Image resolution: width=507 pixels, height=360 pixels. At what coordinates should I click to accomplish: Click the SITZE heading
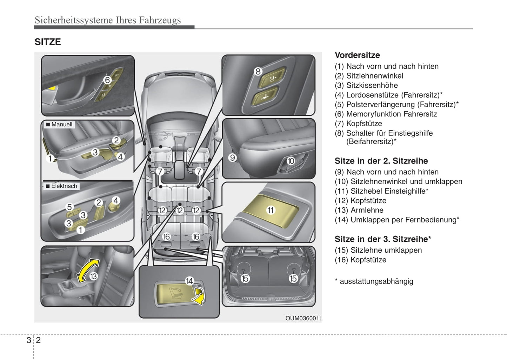[48, 42]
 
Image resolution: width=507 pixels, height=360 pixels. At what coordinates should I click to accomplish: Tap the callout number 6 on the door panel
[107, 80]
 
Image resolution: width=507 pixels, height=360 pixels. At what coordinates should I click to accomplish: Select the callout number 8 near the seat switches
[258, 72]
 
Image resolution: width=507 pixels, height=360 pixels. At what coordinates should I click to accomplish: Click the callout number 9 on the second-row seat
[232, 158]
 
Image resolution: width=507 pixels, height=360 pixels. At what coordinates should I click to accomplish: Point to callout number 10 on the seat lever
[291, 161]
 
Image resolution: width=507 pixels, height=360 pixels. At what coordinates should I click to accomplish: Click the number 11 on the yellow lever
[271, 210]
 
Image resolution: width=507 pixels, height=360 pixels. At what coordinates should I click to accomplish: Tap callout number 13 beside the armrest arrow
[93, 276]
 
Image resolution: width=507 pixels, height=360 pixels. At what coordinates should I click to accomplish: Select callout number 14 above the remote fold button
[189, 281]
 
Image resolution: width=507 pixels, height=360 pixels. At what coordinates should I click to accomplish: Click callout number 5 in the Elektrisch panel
[69, 207]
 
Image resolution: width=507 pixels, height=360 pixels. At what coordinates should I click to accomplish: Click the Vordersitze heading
[357, 55]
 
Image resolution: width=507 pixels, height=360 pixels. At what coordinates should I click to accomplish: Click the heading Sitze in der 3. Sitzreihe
[382, 239]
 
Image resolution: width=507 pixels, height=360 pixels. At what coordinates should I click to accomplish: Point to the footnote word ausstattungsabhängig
[376, 281]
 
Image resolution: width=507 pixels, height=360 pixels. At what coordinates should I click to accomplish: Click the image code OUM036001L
[303, 319]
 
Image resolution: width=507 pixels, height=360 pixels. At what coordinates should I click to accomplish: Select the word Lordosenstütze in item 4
[372, 95]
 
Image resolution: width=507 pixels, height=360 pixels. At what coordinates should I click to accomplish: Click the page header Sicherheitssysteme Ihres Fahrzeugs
[108, 20]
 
